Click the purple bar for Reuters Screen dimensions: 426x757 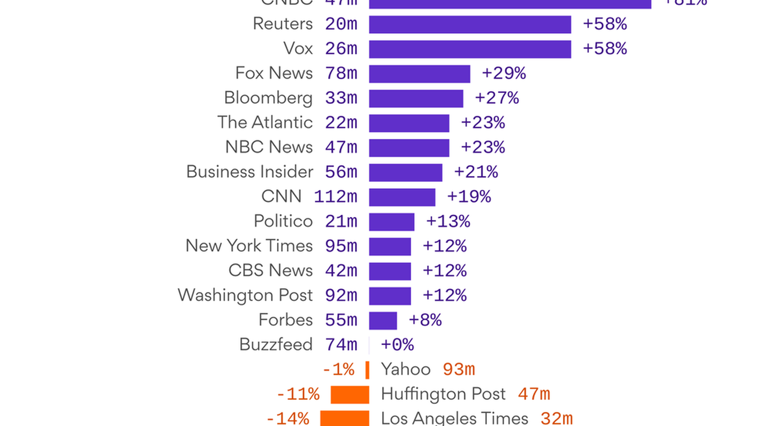coord(470,24)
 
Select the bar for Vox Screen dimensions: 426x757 coord(470,49)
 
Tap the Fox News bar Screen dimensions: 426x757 coord(420,74)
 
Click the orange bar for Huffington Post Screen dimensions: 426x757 coord(350,394)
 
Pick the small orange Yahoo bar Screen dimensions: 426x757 coord(367,370)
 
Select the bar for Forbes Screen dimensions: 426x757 coord(383,321)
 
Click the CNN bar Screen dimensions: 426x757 coord(402,197)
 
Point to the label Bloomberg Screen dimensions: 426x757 coord(268,98)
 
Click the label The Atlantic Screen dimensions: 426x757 coord(265,122)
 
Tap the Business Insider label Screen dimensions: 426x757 coord(250,172)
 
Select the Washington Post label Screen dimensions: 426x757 coord(245,295)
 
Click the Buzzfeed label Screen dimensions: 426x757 coord(276,345)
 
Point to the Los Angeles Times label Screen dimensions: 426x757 coord(454,418)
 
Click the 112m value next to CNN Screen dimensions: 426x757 coord(336,197)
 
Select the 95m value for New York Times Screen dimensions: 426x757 coord(341,246)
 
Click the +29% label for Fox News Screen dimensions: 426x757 coord(503,74)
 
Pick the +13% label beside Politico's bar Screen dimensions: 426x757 coord(448,222)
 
